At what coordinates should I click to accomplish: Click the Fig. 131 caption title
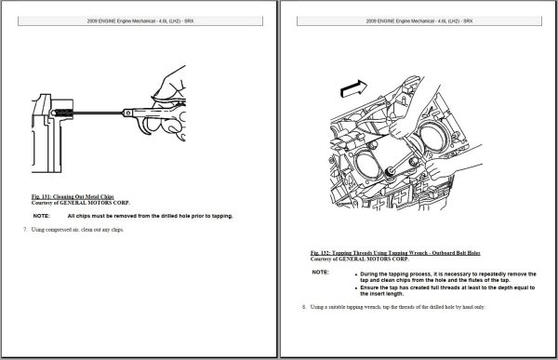[73, 196]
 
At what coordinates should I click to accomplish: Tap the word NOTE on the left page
[43, 215]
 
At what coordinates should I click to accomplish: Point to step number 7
[25, 229]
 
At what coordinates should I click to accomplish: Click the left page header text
[139, 19]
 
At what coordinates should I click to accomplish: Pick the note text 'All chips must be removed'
[150, 215]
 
